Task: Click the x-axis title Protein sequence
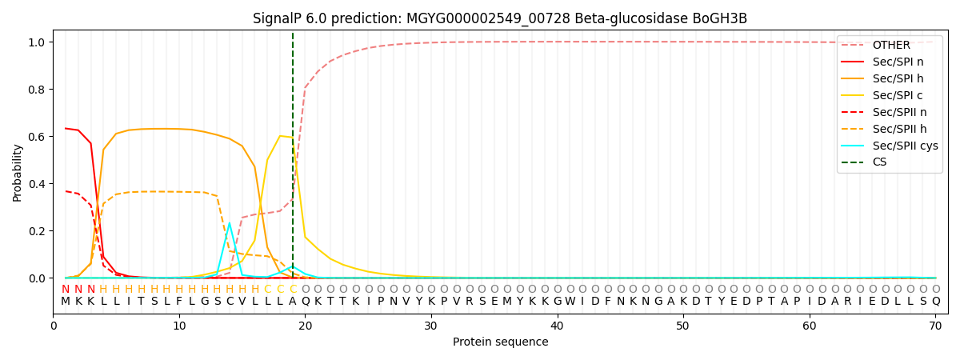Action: (500, 342)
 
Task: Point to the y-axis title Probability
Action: (18, 172)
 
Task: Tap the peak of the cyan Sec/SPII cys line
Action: (230, 223)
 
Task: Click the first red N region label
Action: (66, 290)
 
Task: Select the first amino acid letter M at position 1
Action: (66, 302)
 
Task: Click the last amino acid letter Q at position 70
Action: (936, 302)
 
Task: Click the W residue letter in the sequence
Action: (570, 302)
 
